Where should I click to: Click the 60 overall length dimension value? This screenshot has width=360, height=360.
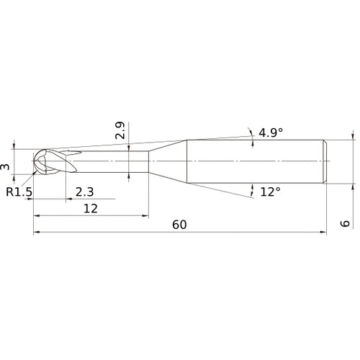click(179, 224)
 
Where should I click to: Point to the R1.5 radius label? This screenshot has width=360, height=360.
click(19, 192)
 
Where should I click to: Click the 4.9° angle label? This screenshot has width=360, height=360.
click(271, 132)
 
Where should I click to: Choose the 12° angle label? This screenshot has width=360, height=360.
click(270, 192)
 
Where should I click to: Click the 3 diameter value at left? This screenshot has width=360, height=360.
click(6, 166)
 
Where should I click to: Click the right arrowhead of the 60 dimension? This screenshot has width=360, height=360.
click(321, 233)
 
